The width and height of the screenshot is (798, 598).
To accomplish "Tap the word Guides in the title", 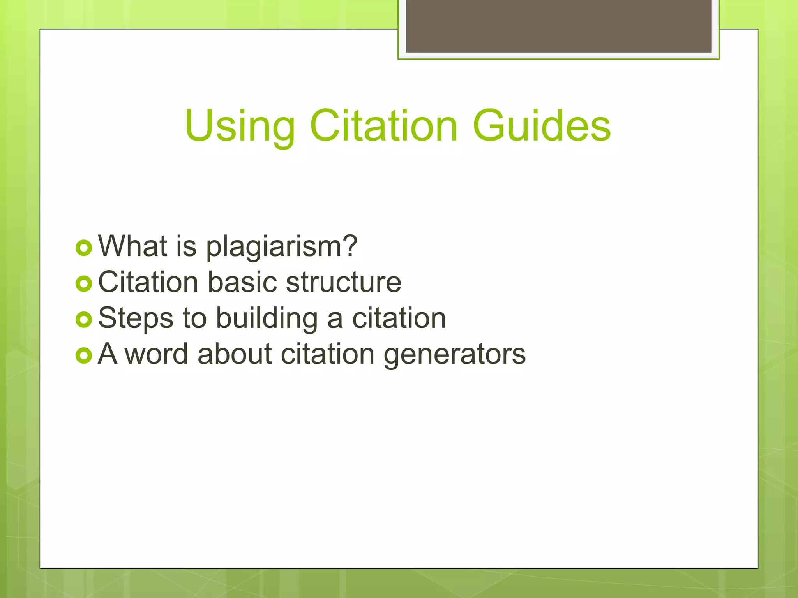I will [541, 125].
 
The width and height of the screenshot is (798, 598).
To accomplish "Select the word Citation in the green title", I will [383, 125].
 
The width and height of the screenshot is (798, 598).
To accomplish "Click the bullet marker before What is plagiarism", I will [84, 248].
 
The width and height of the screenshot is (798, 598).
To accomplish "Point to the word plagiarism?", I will [281, 247].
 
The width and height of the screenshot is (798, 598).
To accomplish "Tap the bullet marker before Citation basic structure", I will [84, 284].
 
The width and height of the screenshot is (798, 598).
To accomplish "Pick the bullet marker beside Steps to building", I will [84, 320].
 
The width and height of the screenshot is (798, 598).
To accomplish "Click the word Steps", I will [135, 318].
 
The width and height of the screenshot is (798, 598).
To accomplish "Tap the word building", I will [267, 318].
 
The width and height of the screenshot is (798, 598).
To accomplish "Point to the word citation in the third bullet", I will [399, 318].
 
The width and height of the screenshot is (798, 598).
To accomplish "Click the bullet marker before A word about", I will [84, 355].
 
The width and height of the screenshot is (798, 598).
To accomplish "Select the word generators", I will [455, 355].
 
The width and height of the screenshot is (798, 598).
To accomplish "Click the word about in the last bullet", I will [235, 354].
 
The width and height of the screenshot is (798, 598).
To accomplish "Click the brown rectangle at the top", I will [558, 26].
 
